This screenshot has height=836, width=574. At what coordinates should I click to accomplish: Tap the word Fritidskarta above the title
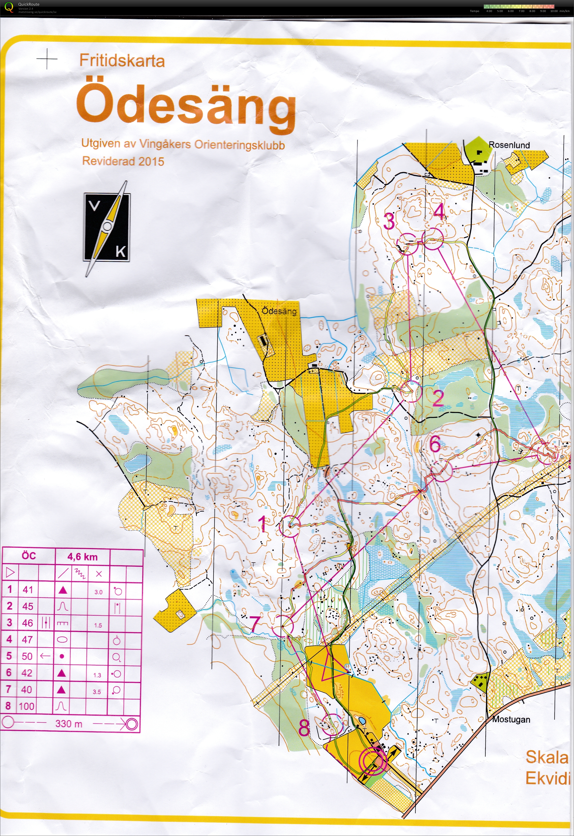122,60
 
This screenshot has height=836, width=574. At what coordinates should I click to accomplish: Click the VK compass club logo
107,228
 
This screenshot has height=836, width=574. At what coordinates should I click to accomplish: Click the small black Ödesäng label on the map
279,311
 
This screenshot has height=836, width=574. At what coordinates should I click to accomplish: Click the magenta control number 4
439,211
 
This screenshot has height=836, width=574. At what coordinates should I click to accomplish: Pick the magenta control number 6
435,444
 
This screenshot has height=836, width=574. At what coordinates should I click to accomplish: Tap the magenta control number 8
304,729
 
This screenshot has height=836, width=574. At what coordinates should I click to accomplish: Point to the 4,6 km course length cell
82,557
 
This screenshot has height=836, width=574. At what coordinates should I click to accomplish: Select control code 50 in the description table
27,656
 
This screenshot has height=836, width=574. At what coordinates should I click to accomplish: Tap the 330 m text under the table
69,723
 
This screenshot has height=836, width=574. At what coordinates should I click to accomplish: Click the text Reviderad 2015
123,161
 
